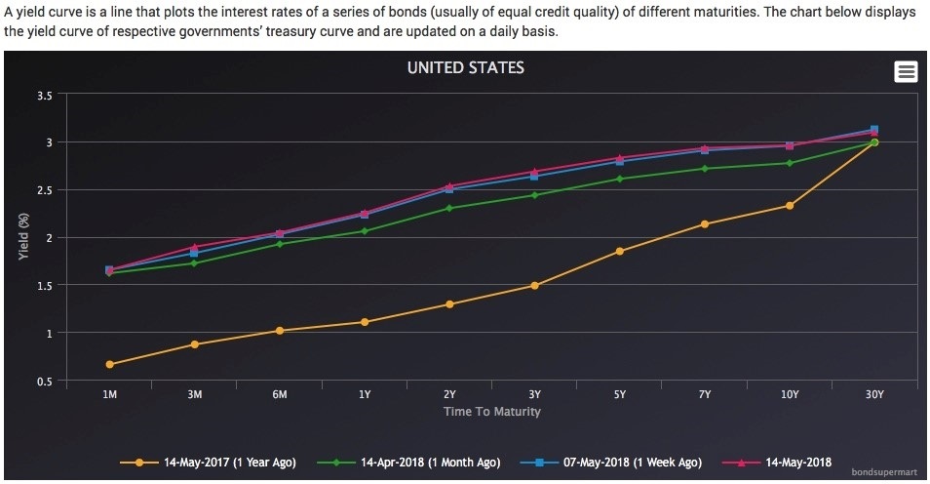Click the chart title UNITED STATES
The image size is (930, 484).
pos(465,68)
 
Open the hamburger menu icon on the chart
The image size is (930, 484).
pos(906,71)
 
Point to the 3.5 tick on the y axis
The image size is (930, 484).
pos(45,95)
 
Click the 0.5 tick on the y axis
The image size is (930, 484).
pos(45,381)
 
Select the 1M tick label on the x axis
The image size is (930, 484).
pos(109,394)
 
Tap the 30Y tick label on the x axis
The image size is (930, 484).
pos(874,394)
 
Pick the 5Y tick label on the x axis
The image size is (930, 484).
pos(619,394)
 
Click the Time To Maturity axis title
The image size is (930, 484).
pos(491,411)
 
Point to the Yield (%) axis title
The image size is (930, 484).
pos(23,237)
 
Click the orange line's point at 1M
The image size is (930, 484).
pos(109,364)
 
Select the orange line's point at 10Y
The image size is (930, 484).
pos(790,206)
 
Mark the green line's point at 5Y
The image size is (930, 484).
pos(619,179)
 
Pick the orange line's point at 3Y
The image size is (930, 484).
pos(534,286)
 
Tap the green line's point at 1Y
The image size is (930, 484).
pos(365,231)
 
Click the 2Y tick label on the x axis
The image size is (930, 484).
pos(449,394)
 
